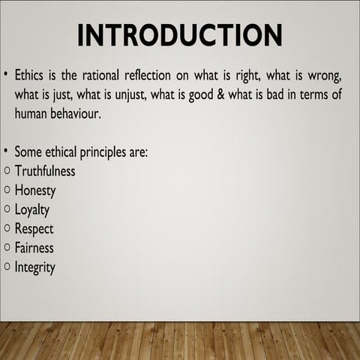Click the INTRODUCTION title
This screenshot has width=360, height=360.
[180, 34]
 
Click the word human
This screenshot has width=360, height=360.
[33, 114]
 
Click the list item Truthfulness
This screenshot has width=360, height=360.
[50, 172]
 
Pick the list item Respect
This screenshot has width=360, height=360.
[35, 229]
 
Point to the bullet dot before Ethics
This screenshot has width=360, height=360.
[6, 76]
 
